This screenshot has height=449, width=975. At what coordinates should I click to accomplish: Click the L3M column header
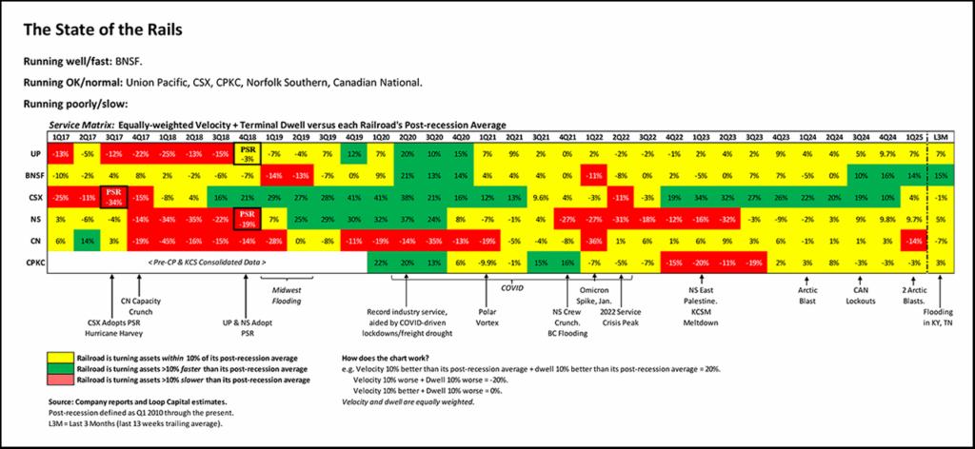941,138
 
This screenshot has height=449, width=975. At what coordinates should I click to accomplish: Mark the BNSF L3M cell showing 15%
941,175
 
